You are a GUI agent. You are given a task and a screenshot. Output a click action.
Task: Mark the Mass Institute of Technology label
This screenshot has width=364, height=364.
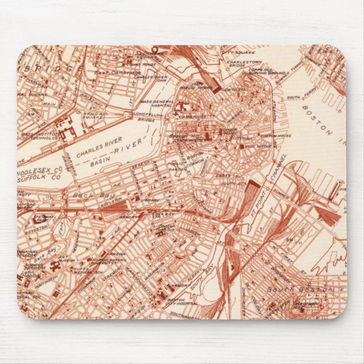tap(40, 136)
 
